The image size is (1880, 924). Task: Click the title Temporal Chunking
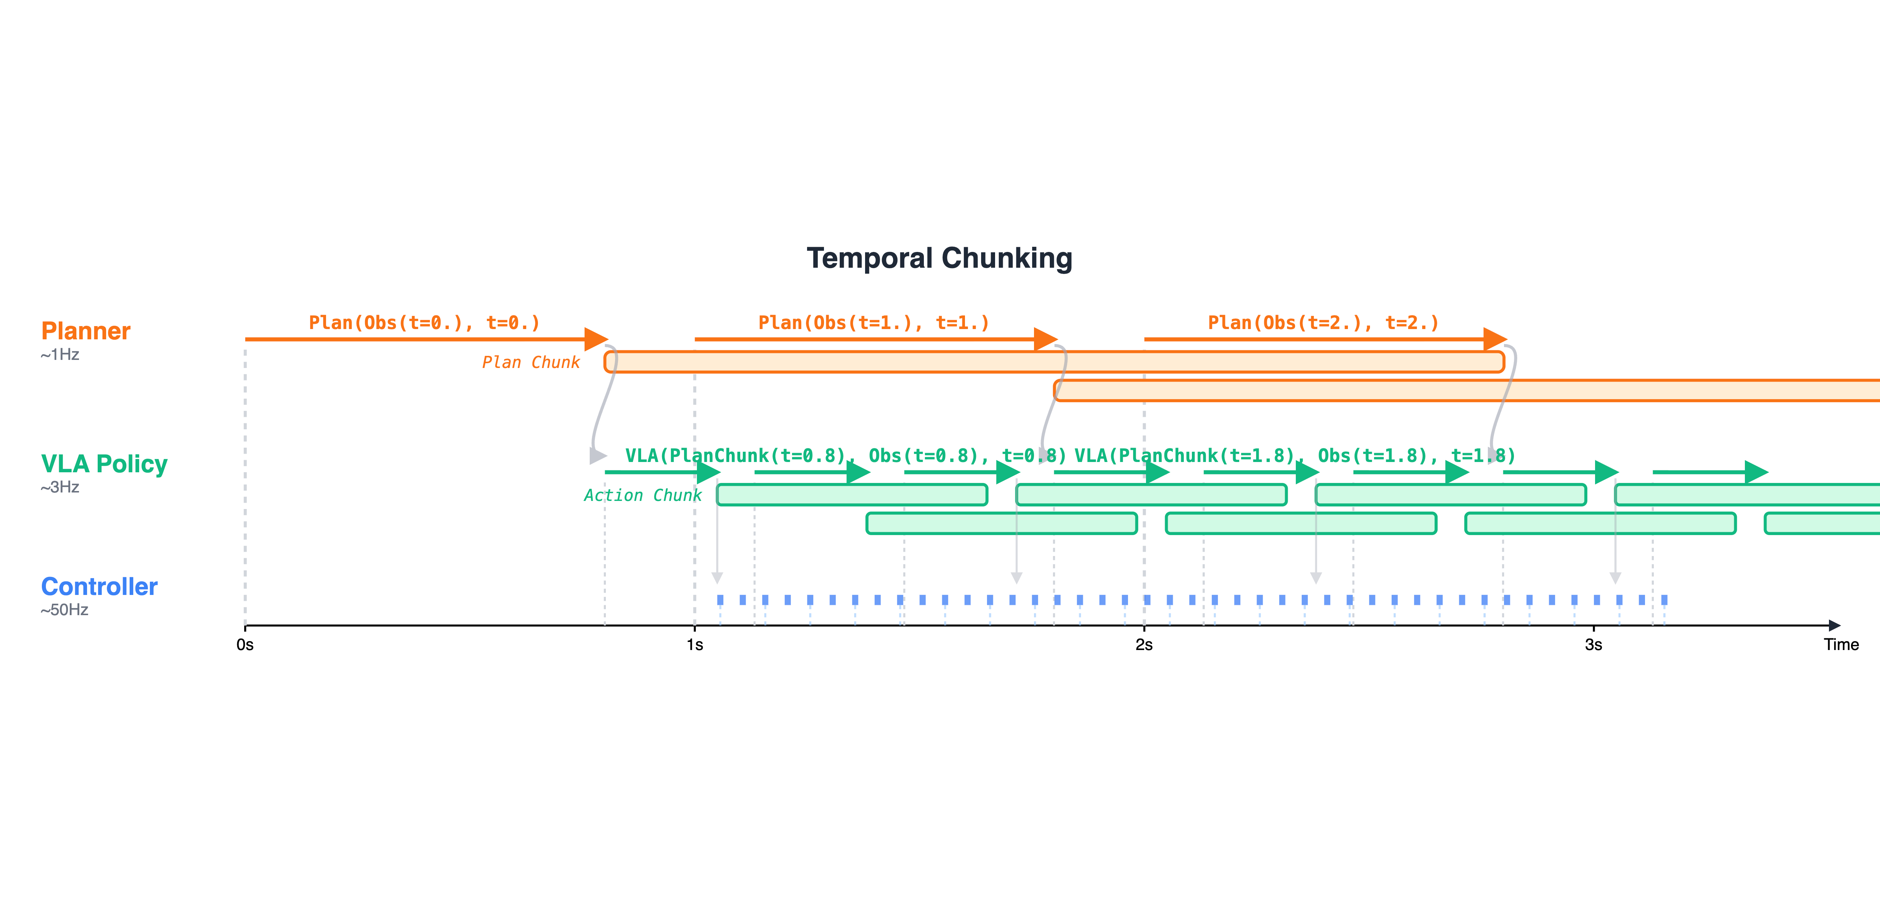(939, 259)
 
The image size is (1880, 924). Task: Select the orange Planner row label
(86, 331)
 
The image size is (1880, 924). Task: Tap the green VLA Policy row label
(104, 464)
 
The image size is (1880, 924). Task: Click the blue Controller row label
(99, 587)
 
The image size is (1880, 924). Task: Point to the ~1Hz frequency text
(60, 355)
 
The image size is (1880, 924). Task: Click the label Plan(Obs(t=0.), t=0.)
(424, 322)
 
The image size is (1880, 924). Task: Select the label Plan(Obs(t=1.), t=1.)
(874, 322)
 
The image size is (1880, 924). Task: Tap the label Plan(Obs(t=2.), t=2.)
(1323, 322)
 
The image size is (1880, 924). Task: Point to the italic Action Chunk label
(642, 495)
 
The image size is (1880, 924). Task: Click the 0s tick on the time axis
(245, 645)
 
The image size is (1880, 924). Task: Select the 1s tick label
(695, 645)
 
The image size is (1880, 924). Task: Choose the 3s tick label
(1593, 645)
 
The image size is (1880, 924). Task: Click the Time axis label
(1841, 645)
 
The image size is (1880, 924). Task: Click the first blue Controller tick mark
(720, 600)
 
